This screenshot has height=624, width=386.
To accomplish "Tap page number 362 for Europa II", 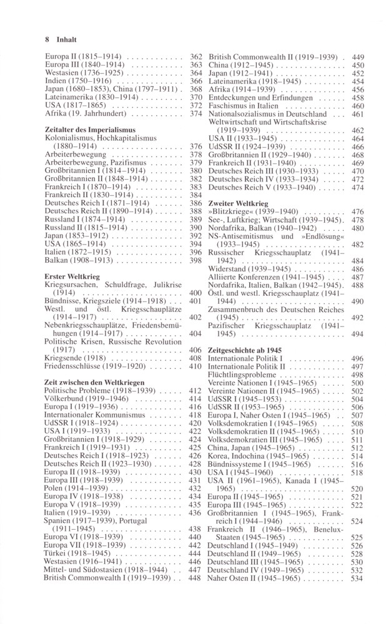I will pyautogui.click(x=196, y=56).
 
